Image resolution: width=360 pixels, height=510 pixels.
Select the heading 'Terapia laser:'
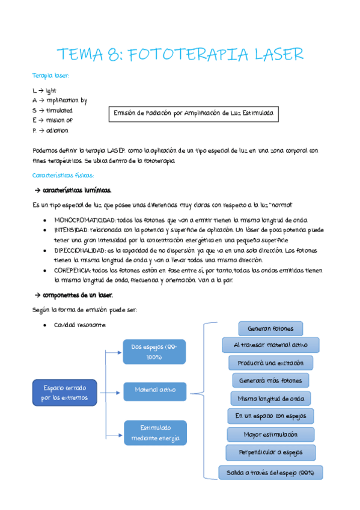coord(50,76)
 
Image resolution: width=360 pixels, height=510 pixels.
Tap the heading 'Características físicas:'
coord(63,175)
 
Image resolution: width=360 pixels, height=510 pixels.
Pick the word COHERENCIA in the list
coord(72,271)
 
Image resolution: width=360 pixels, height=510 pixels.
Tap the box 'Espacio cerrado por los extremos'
coord(64,393)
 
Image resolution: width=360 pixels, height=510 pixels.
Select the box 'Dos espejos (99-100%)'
coord(154,352)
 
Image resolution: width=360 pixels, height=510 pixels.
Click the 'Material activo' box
coord(154,390)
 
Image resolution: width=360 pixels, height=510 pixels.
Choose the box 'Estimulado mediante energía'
coord(154,433)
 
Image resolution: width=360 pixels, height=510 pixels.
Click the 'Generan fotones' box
coord(270,328)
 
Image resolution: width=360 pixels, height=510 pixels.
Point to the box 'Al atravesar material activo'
coord(270,345)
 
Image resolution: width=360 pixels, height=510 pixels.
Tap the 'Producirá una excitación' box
coord(270,363)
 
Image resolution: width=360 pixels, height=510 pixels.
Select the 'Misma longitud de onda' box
coord(270,399)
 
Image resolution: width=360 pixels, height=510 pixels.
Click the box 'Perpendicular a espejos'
coord(270,452)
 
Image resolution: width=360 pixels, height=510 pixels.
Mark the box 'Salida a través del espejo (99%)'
coord(270,473)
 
